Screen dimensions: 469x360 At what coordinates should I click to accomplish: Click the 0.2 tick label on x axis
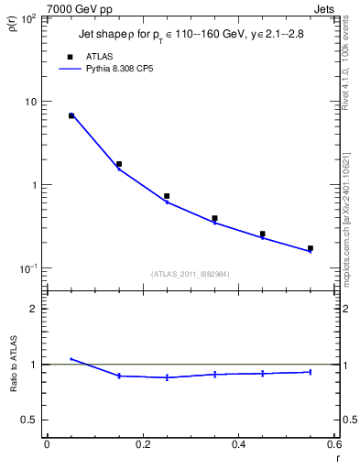point(142,446)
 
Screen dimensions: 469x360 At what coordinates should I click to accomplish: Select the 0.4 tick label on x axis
point(238,446)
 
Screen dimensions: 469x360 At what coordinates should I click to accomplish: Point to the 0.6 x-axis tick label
point(333,446)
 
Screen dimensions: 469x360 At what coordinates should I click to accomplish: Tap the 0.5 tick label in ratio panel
point(30,420)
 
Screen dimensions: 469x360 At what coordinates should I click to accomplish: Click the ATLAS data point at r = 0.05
point(71,115)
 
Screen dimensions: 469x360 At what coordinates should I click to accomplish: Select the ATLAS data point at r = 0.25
point(167,196)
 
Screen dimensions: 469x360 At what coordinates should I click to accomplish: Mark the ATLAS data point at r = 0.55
point(311,248)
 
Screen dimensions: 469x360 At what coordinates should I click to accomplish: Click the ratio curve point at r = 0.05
point(71,359)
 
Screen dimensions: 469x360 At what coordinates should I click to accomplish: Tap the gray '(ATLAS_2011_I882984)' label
point(191,274)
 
